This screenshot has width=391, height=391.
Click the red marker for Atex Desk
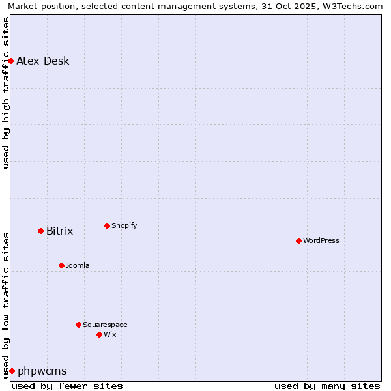tap(11, 61)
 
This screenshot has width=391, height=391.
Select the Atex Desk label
tap(42, 61)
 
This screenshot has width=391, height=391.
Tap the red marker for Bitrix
tap(40, 231)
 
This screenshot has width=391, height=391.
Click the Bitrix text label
tap(59, 231)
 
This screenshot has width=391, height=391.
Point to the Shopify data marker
tap(107, 225)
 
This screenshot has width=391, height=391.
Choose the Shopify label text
tap(124, 226)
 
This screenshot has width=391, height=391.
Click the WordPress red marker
tap(298, 240)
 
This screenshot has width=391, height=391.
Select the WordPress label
tap(321, 241)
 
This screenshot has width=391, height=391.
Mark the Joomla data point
tap(61, 265)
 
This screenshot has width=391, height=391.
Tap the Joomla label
tap(78, 266)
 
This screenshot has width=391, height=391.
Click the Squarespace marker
tap(78, 325)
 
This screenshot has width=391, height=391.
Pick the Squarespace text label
tap(105, 325)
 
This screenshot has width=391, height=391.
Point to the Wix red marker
tap(99, 334)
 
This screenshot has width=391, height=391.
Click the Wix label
tap(109, 335)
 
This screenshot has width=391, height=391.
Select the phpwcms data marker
tap(12, 371)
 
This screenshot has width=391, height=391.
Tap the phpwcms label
tap(42, 371)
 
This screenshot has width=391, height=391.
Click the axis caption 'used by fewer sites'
tap(67, 386)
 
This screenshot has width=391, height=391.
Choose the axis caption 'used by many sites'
tap(327, 386)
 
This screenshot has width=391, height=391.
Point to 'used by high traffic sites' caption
tap(7, 93)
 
